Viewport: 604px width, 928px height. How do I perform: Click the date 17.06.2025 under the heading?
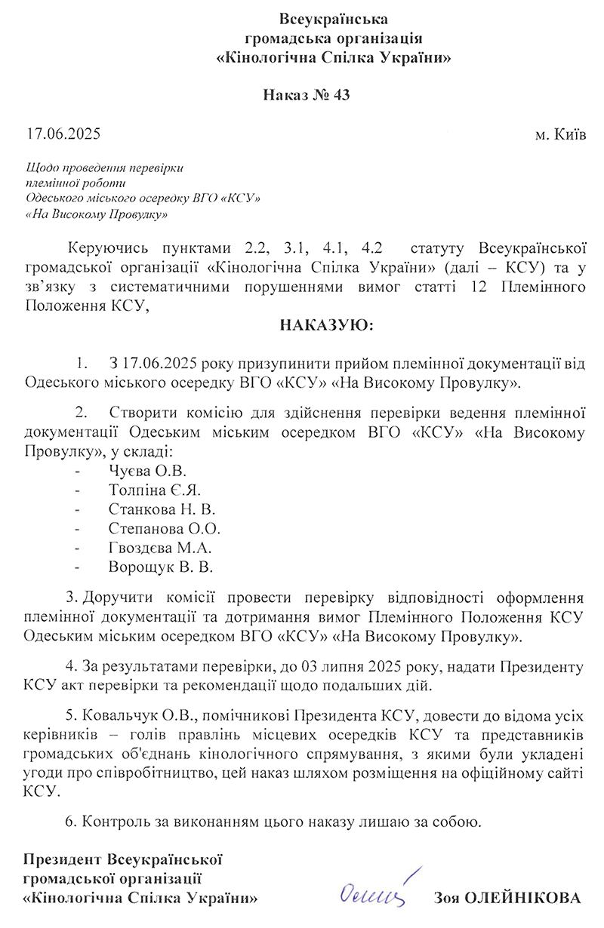[x=63, y=135]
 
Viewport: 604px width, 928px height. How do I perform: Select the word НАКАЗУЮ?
[x=326, y=326]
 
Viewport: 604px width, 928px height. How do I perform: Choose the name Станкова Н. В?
[x=161, y=510]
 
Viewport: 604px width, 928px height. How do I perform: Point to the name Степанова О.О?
[x=164, y=528]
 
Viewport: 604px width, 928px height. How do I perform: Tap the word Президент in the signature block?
[x=63, y=859]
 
